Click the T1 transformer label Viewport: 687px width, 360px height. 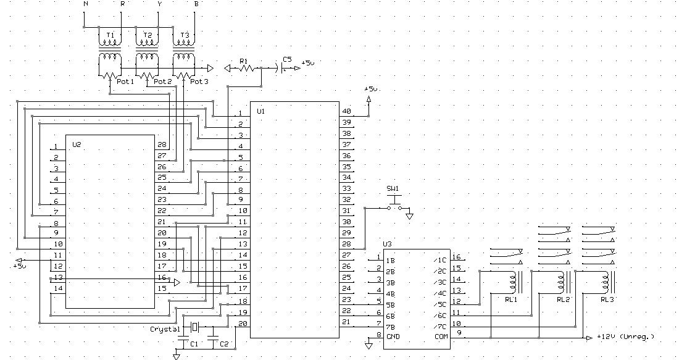pyautogui.click(x=110, y=35)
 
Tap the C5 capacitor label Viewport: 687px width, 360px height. pyautogui.click(x=286, y=60)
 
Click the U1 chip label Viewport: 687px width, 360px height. pyautogui.click(x=260, y=112)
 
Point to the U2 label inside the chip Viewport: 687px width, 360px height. pyautogui.click(x=77, y=144)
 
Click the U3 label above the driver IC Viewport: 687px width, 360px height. pyautogui.click(x=387, y=245)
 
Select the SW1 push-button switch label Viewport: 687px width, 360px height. pyautogui.click(x=393, y=188)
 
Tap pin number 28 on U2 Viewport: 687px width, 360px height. pyautogui.click(x=162, y=144)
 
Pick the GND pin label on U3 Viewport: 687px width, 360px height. pyautogui.click(x=393, y=337)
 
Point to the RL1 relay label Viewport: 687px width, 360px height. pyautogui.click(x=510, y=300)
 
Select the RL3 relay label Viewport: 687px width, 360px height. pyautogui.click(x=607, y=300)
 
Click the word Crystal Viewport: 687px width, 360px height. pyautogui.click(x=165, y=329)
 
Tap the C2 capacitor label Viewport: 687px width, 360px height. pyautogui.click(x=223, y=344)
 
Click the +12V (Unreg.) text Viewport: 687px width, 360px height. pyautogui.click(x=625, y=337)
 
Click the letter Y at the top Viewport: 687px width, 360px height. pyautogui.click(x=159, y=4)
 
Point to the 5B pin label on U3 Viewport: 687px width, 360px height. pyautogui.click(x=390, y=304)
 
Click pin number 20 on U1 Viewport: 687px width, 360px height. pyautogui.click(x=243, y=323)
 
